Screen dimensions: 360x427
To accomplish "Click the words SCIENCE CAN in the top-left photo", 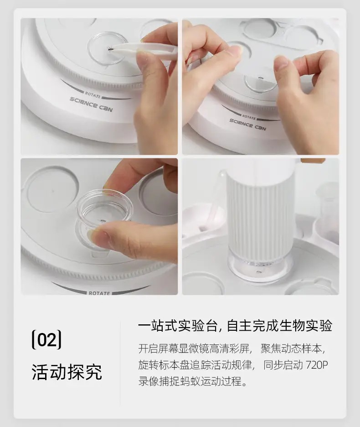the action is [91, 104].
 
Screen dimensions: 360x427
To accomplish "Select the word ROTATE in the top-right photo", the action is [249, 117].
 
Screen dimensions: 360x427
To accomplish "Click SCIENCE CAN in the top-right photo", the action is [247, 125].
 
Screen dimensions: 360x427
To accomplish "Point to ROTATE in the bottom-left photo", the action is [99, 293].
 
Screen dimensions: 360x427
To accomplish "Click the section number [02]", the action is [46, 339].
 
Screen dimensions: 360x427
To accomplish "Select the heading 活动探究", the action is [67, 371].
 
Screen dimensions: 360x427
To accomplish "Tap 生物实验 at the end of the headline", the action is [306, 326].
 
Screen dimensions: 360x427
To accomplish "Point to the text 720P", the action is [317, 365].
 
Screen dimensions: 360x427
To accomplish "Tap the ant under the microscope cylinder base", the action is [258, 271].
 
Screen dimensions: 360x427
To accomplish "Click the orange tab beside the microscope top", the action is [313, 161].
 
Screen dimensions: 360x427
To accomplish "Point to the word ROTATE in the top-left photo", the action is [93, 95].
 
